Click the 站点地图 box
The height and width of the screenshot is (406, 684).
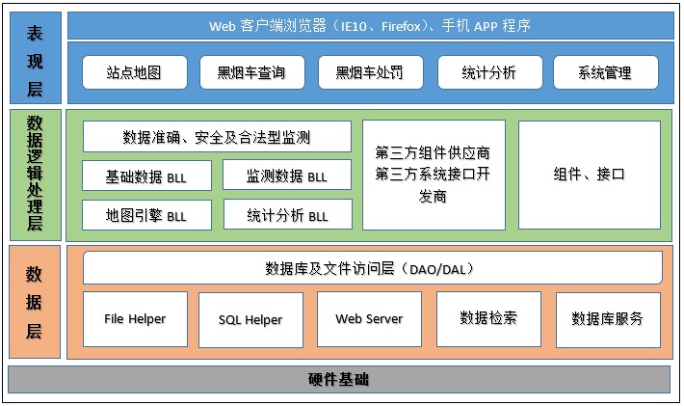[134, 72]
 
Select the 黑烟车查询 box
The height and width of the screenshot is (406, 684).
[252, 72]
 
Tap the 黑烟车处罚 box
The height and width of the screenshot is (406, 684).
[369, 72]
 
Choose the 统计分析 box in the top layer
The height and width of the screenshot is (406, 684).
[488, 72]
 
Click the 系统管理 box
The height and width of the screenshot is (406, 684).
[605, 72]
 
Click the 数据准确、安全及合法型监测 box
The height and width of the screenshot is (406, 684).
[217, 137]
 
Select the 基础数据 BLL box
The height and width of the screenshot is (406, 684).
[147, 176]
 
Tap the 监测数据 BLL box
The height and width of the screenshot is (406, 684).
[287, 176]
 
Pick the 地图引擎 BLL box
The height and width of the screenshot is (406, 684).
[147, 215]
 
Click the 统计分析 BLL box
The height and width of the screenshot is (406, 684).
[287, 215]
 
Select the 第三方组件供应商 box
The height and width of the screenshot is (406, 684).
[434, 175]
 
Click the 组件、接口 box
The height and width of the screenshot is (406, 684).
[589, 175]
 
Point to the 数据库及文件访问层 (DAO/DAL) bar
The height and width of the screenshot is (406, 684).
[372, 267]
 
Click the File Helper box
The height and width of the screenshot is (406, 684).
[135, 319]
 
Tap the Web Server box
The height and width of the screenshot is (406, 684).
[369, 319]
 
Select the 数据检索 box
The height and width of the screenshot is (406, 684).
[488, 319]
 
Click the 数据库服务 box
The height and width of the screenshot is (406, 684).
[608, 319]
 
